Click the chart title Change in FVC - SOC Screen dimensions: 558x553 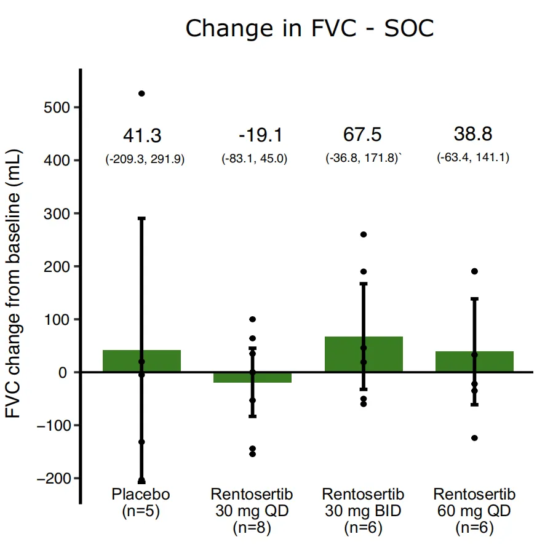(x=309, y=28)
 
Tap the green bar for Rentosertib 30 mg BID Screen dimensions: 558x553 (x=381, y=354)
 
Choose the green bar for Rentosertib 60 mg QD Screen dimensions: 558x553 (x=492, y=362)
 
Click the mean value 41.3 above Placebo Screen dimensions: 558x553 (x=143, y=135)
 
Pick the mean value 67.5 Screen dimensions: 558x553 (x=362, y=135)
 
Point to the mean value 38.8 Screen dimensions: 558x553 (x=473, y=134)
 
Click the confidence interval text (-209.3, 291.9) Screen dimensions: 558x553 (x=145, y=159)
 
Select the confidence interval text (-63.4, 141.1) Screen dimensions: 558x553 (x=473, y=157)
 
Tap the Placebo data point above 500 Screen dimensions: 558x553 (x=141, y=94)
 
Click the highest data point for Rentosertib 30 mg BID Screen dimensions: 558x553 (x=364, y=234)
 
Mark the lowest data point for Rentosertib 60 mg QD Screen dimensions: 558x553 (x=474, y=438)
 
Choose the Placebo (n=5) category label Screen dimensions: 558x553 (x=141, y=502)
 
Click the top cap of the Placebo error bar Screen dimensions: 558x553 (x=141, y=218)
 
